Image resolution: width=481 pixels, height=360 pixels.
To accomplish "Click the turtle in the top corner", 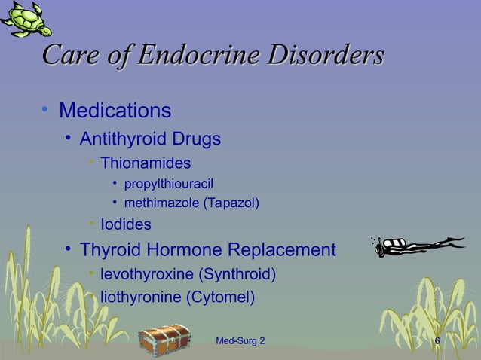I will click(26, 18).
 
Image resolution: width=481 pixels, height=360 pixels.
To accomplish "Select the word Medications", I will click(115, 111).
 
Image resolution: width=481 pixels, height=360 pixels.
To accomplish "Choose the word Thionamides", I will click(146, 163).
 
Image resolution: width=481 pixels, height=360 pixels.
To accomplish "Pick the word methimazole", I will click(156, 203).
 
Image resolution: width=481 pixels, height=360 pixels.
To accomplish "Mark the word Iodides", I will click(126, 224).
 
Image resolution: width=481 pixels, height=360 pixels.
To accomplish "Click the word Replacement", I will click(281, 249).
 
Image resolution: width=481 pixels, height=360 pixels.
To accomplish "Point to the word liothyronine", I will click(140, 297).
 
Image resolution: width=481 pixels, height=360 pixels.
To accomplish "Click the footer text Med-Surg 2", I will click(240, 342).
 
